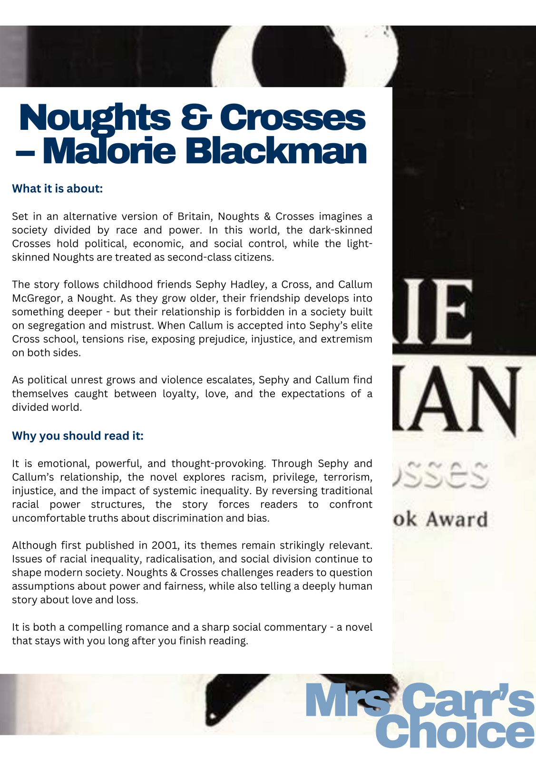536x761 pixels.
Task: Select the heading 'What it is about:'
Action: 57,188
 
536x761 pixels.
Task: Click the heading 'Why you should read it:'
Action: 78,436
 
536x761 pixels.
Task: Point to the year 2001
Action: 166,545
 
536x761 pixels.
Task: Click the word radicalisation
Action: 180,559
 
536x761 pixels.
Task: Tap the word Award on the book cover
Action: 457,519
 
